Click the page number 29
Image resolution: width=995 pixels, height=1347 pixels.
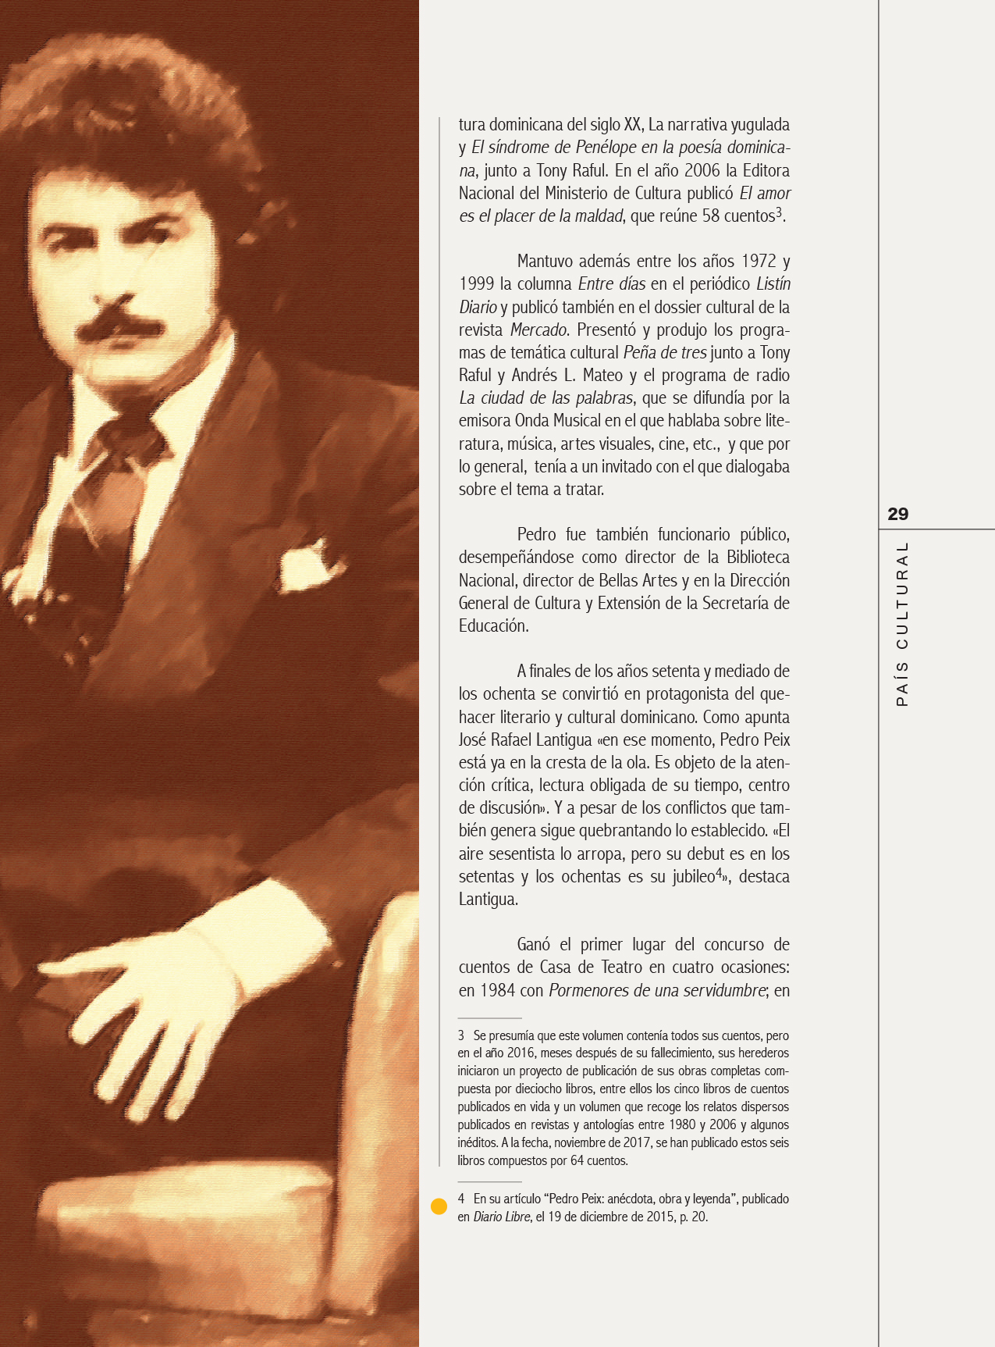[x=898, y=514]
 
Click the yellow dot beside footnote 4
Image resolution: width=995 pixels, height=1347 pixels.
[x=439, y=1206]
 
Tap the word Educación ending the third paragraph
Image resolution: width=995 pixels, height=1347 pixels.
[x=493, y=625]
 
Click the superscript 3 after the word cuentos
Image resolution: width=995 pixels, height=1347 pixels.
[x=779, y=212]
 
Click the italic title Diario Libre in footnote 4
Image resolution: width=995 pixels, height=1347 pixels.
[x=502, y=1217]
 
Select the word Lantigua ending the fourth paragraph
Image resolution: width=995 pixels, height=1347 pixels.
[x=488, y=899]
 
